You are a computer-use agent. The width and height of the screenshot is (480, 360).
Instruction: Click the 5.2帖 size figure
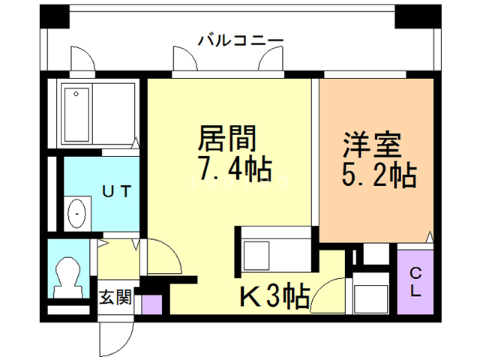(379, 177)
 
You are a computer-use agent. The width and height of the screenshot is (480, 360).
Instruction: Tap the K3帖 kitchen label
(274, 298)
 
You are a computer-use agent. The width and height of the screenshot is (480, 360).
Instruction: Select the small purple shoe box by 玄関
(152, 304)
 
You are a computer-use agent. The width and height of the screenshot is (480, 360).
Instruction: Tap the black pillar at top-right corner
(414, 14)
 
